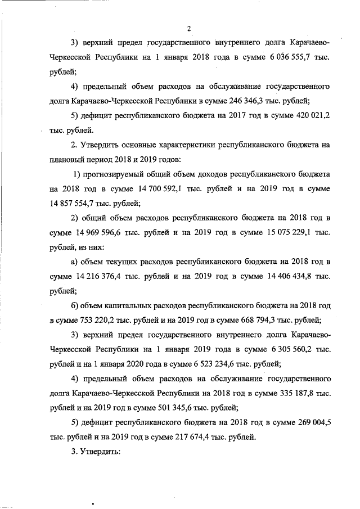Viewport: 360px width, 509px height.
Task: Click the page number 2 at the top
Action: [190, 29]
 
